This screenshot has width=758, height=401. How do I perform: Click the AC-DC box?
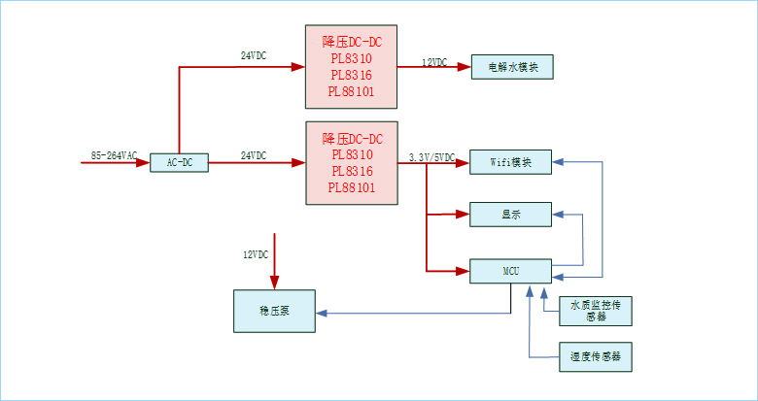[180, 163]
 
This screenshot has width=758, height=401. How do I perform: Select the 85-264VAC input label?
[114, 155]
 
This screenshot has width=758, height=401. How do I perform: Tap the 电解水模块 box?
[511, 66]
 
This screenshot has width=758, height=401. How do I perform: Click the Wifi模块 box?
[511, 162]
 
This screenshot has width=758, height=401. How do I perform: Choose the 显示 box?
[511, 215]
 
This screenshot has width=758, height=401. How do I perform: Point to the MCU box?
[511, 271]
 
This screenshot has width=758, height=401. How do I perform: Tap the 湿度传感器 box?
[596, 357]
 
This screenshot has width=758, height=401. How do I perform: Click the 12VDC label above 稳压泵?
[256, 254]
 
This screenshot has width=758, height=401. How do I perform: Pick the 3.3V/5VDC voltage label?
[431, 156]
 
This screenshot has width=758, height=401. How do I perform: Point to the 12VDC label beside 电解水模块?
[434, 62]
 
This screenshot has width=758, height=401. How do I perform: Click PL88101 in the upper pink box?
[351, 92]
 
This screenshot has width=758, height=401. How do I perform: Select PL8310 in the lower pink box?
[351, 153]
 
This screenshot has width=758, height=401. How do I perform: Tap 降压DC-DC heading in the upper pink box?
[351, 42]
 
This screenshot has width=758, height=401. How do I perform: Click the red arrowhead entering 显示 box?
[465, 215]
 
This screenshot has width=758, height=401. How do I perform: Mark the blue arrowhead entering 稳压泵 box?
[323, 313]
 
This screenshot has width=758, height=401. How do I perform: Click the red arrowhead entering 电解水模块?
[465, 66]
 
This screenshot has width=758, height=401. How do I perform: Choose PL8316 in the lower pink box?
[351, 171]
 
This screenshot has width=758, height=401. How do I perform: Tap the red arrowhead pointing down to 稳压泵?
[275, 284]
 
